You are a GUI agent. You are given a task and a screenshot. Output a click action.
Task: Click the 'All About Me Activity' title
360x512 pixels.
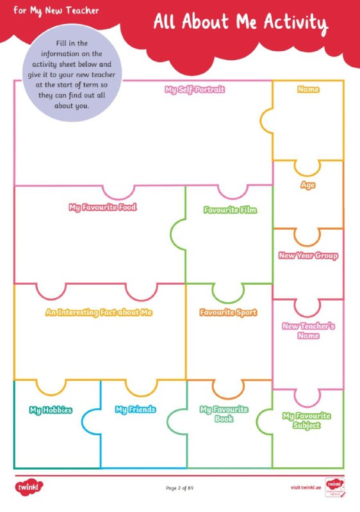tap(241, 23)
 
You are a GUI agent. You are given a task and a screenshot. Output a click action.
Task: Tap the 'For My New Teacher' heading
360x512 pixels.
tap(56, 11)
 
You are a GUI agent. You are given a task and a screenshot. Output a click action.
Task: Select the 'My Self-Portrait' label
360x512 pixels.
tap(195, 90)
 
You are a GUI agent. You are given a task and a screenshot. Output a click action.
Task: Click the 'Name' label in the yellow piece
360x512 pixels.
tap(308, 89)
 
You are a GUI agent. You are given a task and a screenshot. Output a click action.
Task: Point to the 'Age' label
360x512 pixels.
tap(307, 185)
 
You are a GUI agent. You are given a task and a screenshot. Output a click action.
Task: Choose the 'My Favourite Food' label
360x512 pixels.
tap(102, 207)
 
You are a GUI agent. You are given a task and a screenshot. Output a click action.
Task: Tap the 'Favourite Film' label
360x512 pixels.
tap(231, 210)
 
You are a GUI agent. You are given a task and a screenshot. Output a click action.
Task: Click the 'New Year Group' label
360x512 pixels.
tap(308, 255)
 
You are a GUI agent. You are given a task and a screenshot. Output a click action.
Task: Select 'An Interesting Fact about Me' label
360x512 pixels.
tap(99, 312)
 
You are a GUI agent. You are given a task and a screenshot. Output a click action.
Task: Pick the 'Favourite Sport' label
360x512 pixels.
tap(228, 312)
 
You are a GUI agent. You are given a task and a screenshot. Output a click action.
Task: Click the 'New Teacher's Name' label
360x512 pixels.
tap(308, 331)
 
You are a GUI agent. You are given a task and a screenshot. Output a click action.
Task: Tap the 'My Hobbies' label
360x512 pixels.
tap(51, 410)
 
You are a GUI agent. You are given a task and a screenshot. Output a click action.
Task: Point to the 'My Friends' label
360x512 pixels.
tap(135, 410)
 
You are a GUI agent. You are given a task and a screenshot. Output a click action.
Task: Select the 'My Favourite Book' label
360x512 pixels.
tap(224, 414)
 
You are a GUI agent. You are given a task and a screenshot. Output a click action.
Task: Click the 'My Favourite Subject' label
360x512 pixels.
tap(306, 420)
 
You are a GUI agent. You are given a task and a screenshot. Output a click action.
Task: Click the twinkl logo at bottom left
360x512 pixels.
tap(29, 488)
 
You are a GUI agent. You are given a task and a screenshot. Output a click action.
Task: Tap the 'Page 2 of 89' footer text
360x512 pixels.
tap(179, 488)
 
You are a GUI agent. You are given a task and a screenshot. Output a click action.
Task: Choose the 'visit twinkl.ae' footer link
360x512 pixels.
tap(306, 488)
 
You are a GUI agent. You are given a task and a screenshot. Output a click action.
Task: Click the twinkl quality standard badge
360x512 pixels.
tap(335, 488)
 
